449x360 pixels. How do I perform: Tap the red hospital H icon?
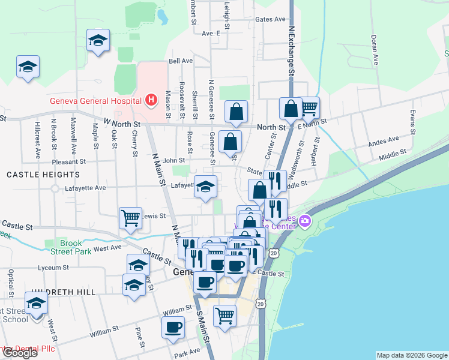(x=152, y=100)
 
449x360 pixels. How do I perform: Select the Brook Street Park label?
(x=67, y=248)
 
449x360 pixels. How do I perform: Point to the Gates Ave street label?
(x=270, y=19)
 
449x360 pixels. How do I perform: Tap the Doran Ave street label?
(x=375, y=49)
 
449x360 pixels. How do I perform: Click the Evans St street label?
(x=412, y=122)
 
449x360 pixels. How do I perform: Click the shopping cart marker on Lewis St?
(x=130, y=218)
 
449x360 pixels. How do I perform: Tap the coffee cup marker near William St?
(x=173, y=327)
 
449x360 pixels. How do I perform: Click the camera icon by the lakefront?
(x=306, y=222)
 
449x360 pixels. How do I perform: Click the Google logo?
(x=19, y=353)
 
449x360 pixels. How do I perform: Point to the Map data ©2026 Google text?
(x=412, y=355)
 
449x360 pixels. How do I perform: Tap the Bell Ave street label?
(x=181, y=61)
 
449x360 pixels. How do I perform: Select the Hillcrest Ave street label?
(x=37, y=141)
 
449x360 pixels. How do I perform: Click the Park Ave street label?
(x=186, y=352)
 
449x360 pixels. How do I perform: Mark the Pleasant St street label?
(x=69, y=162)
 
